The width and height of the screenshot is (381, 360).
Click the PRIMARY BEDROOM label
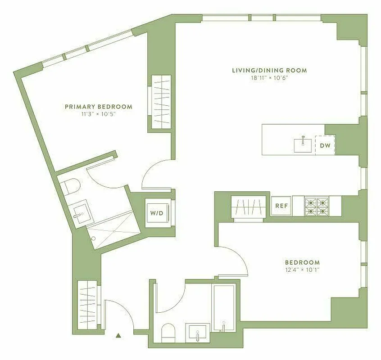pos(99,107)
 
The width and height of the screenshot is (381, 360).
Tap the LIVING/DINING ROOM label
pos(269,70)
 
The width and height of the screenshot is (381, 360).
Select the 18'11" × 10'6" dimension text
pos(269,78)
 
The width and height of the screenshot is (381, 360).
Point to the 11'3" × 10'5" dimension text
pos(99,114)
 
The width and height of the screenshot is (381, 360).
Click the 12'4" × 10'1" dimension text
pos(302,270)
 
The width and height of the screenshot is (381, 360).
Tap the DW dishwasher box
pos(325,145)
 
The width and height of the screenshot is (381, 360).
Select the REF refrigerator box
pos(281,206)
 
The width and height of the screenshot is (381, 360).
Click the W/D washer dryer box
pos(157,212)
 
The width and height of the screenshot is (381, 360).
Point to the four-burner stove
pos(317,206)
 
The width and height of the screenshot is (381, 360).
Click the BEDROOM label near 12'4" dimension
pos(302,262)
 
